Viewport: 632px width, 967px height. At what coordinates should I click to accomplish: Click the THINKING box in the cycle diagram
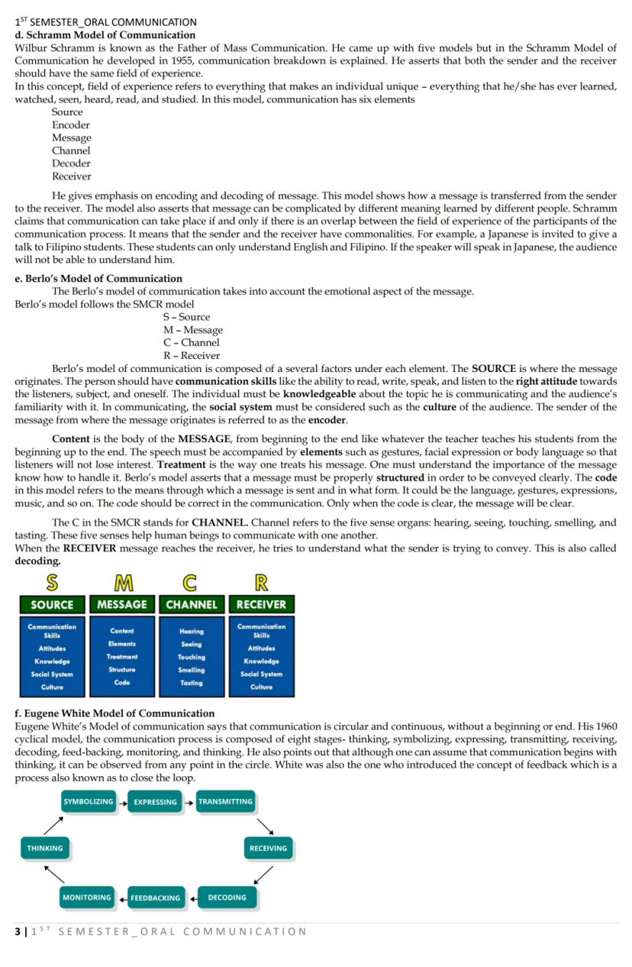[45, 848]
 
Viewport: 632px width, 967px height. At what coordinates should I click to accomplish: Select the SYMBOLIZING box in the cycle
[89, 802]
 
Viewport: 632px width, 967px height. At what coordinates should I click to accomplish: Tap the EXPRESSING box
[155, 802]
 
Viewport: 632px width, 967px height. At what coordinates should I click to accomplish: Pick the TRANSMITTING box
[225, 802]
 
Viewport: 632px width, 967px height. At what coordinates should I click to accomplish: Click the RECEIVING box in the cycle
[268, 848]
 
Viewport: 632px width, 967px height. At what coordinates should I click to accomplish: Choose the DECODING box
[227, 897]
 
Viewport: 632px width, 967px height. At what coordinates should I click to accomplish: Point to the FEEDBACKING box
[156, 898]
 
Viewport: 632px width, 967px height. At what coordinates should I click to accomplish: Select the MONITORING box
[87, 897]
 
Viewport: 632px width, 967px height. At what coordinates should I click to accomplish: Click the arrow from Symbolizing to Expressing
[121, 802]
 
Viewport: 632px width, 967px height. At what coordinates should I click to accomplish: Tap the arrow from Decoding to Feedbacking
[192, 898]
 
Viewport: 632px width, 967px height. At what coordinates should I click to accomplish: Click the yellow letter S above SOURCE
[52, 584]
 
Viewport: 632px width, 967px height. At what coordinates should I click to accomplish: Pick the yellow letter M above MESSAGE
[122, 584]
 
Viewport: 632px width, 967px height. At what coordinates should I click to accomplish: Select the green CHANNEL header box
[192, 604]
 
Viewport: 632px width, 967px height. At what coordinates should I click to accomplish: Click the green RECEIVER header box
[261, 604]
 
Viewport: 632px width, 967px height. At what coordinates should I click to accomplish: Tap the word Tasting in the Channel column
[192, 683]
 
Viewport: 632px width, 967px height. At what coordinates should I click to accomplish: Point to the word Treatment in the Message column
[122, 657]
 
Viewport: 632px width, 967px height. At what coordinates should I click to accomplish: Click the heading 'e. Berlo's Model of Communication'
[98, 279]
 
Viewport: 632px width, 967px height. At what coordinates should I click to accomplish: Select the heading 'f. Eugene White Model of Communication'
[114, 713]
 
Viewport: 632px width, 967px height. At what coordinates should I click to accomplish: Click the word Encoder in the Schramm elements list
[71, 125]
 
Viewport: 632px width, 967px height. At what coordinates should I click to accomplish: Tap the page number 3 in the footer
[18, 931]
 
